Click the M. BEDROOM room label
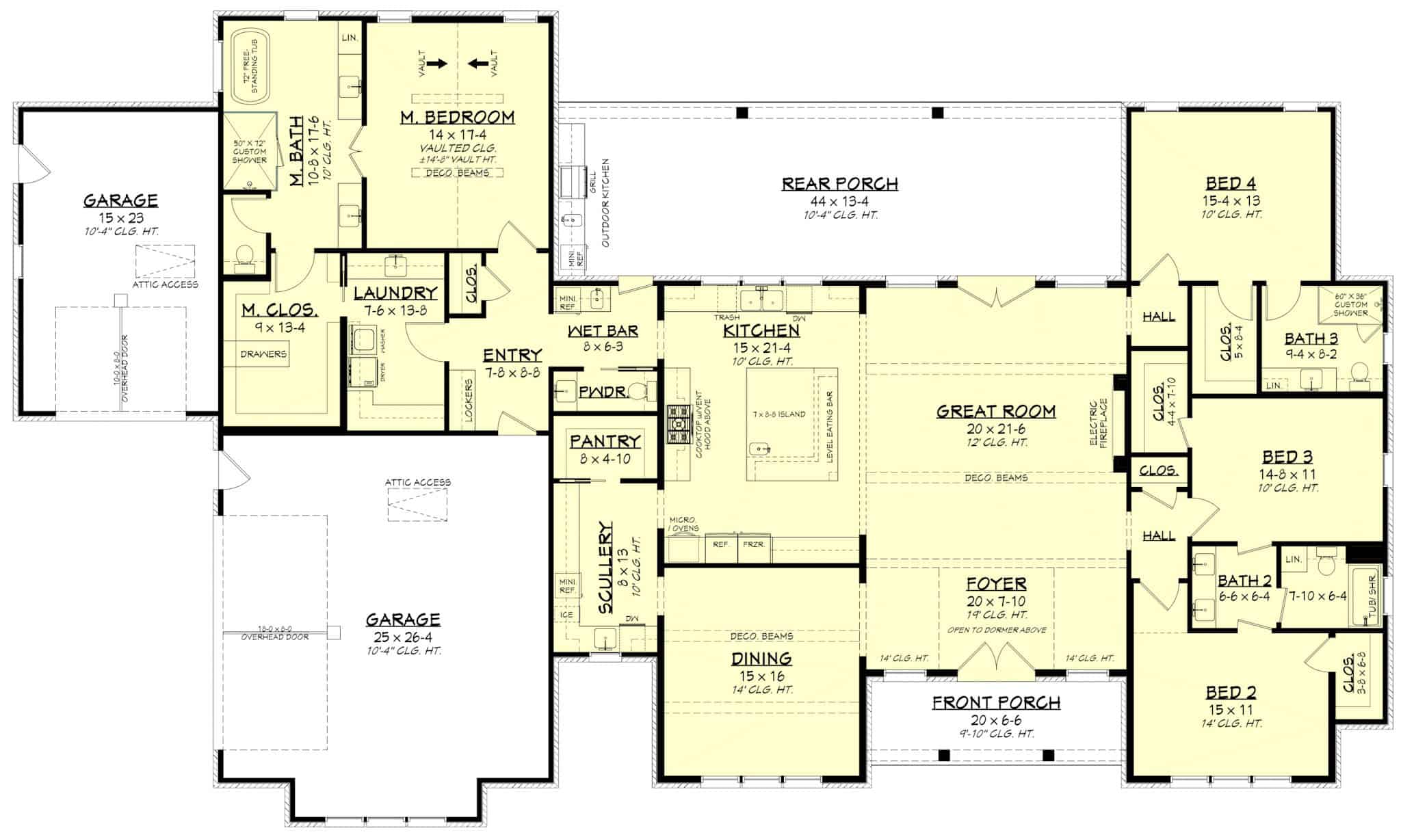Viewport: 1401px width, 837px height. tap(457, 118)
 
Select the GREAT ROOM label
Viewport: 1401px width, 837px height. tap(995, 411)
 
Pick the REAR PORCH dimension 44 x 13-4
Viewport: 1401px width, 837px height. tap(839, 201)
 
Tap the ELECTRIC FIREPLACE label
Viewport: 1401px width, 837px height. tap(1097, 423)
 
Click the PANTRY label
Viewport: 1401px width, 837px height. tap(605, 441)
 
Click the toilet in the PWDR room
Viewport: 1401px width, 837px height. tap(637, 392)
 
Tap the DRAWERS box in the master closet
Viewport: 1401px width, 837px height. tap(263, 354)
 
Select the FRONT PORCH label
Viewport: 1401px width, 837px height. tap(995, 702)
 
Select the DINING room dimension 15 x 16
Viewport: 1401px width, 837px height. tap(761, 676)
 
